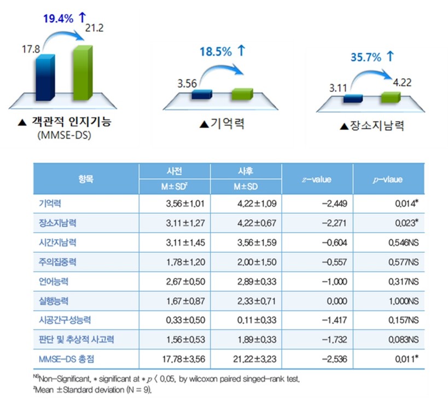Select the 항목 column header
(x=85, y=178)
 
